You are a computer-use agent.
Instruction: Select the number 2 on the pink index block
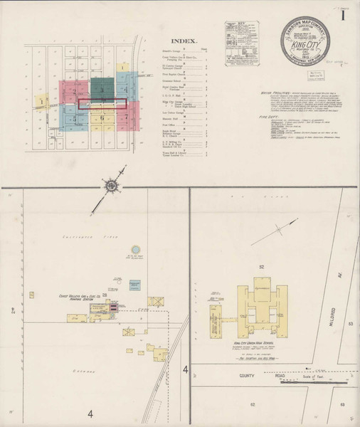tap(72, 93)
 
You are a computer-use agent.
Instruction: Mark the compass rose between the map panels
tap(112, 186)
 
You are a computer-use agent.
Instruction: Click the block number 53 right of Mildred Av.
tap(350, 324)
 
